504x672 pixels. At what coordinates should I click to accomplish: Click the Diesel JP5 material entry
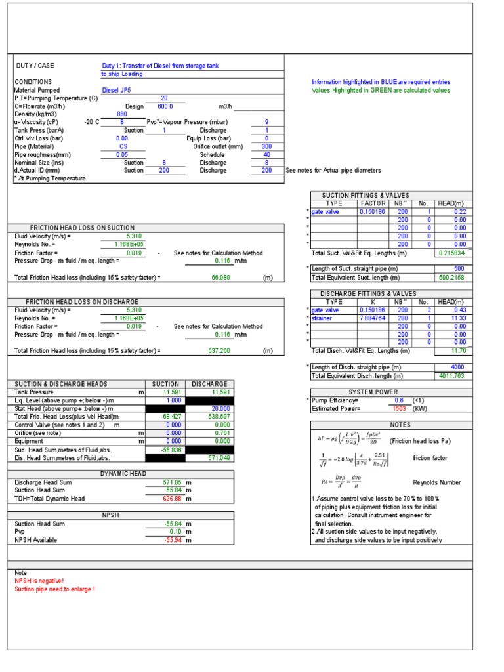116,90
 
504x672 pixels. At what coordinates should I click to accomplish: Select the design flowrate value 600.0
165,106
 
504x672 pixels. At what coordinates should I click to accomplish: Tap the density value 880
121,114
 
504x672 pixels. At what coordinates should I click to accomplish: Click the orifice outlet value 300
266,146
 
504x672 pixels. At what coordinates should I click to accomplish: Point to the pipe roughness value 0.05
121,155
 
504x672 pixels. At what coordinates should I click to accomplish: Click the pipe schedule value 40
266,155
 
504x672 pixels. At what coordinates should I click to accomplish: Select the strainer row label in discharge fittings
323,318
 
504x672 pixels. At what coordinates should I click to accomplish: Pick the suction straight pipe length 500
459,269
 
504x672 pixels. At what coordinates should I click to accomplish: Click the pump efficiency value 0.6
398,400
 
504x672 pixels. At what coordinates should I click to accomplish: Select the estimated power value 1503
398,408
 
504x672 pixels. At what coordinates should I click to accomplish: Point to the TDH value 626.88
172,499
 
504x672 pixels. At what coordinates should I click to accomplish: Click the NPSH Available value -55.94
174,540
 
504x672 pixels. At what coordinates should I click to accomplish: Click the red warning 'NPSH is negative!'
39,581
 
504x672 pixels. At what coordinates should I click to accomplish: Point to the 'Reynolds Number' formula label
436,482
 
